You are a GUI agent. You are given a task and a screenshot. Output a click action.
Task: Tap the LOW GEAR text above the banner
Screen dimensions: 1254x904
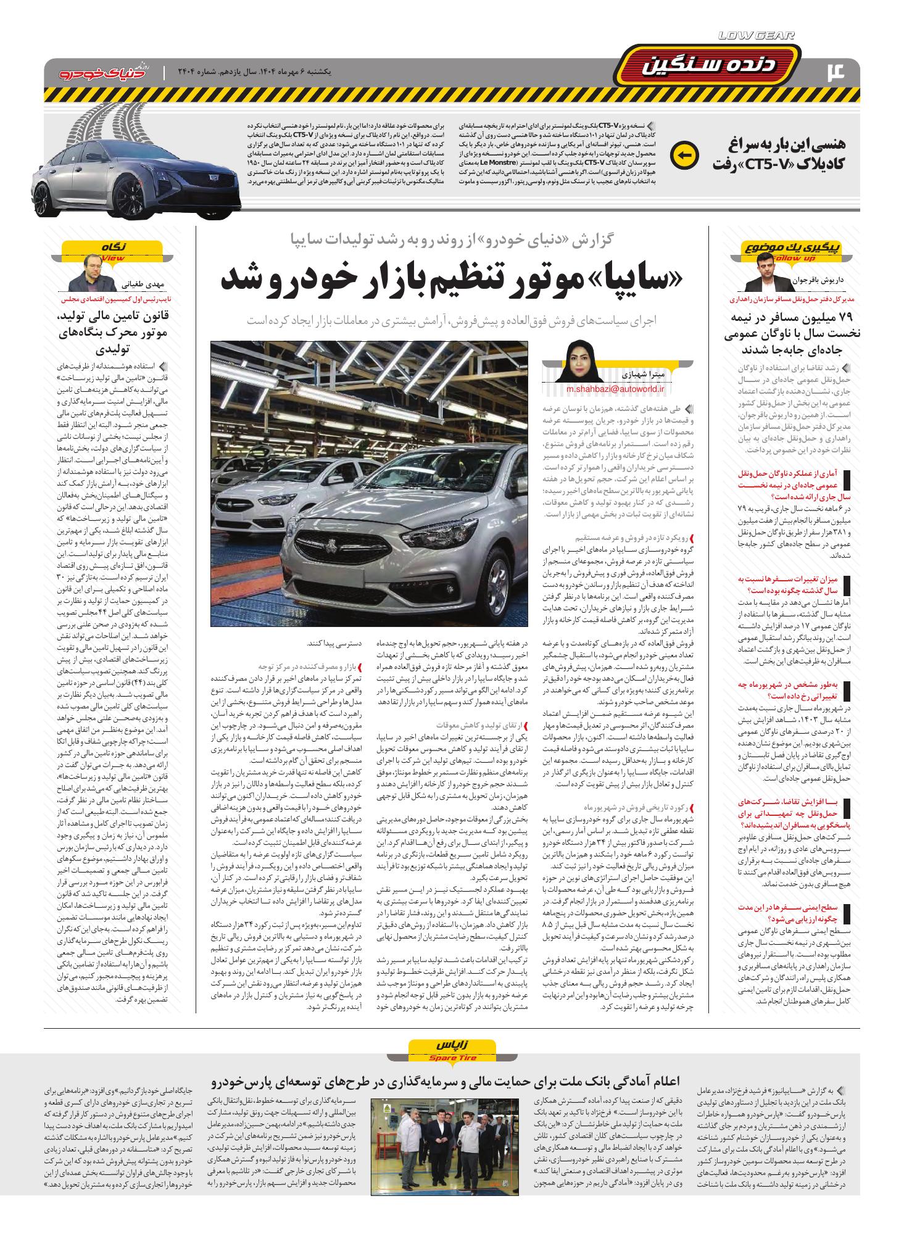(x=757, y=36)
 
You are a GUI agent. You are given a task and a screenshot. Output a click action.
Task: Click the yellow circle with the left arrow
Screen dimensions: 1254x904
(x=683, y=154)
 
